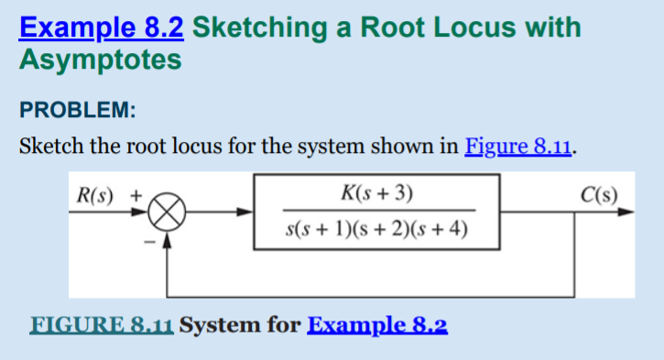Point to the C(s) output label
click(599, 194)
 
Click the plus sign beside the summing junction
click(136, 195)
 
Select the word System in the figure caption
click(217, 325)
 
